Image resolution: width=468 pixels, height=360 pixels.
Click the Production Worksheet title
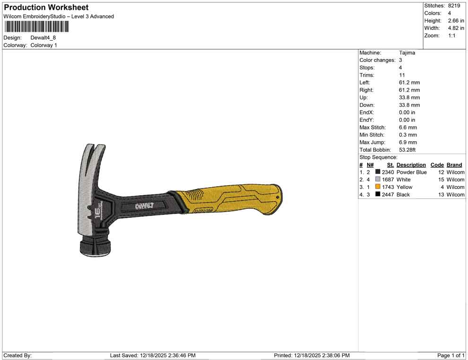46,8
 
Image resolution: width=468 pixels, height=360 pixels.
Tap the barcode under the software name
36,26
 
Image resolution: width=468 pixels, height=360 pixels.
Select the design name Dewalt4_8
43,38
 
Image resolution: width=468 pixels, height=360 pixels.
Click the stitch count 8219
454,6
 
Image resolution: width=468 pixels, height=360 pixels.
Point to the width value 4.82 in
456,28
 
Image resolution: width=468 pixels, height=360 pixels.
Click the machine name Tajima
407,53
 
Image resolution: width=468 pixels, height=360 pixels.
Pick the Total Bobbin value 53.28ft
407,150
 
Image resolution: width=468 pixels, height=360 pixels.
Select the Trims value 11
401,75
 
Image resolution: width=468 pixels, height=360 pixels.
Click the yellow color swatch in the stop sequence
378,187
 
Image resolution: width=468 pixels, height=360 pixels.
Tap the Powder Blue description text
411,172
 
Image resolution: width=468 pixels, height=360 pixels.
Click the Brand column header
454,165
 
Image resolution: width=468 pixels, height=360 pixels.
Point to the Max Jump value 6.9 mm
408,142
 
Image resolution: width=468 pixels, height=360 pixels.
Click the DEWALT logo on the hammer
144,206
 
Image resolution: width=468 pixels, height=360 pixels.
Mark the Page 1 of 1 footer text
451,355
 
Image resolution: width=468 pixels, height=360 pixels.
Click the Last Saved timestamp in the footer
153,355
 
